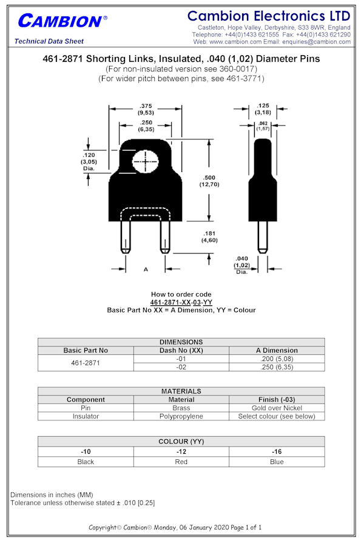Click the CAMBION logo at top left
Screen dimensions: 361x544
pyautogui.click(x=62, y=21)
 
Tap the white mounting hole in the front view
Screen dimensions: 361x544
pyautogui.click(x=145, y=162)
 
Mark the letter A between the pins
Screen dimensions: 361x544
pyautogui.click(x=146, y=269)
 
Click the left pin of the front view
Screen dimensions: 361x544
pyautogui.click(x=126, y=237)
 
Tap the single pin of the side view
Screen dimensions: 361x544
pyautogui.click(x=263, y=237)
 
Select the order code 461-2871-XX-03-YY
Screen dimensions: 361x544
pyautogui.click(x=181, y=302)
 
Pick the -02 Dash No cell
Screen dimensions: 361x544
pyautogui.click(x=181, y=367)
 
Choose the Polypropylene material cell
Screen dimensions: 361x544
pyautogui.click(x=181, y=416)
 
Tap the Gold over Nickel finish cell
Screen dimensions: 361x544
pyautogui.click(x=277, y=408)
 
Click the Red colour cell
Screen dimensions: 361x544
pyautogui.click(x=181, y=462)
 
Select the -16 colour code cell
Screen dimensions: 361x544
pyautogui.click(x=277, y=452)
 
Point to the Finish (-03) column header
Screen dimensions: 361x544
pyautogui.click(x=277, y=400)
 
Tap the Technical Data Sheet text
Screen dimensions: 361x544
pyautogui.click(x=49, y=41)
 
